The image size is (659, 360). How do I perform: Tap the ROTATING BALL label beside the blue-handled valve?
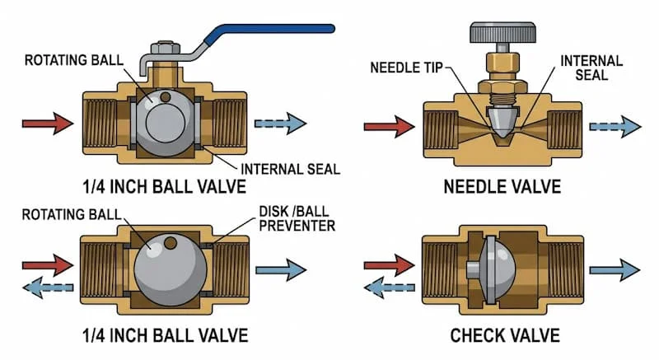pyautogui.click(x=72, y=60)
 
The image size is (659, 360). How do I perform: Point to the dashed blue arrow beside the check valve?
pyautogui.click(x=390, y=286)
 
